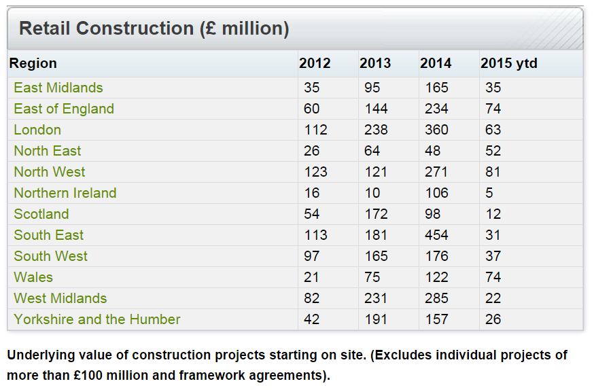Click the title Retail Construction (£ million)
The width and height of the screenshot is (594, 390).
pyautogui.click(x=154, y=29)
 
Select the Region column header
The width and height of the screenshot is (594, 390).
pyautogui.click(x=33, y=63)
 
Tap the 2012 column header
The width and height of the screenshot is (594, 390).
pyautogui.click(x=315, y=63)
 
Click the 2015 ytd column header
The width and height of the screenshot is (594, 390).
pyautogui.click(x=509, y=63)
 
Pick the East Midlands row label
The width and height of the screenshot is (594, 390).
pyautogui.click(x=58, y=88)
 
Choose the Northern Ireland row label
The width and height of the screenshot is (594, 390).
pyautogui.click(x=65, y=193)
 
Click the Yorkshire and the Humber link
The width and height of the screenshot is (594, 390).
pyautogui.click(x=97, y=319)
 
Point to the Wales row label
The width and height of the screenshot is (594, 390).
pyautogui.click(x=33, y=277)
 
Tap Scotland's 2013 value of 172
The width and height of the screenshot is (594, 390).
pyautogui.click(x=376, y=214)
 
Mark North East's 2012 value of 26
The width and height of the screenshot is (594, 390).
pyautogui.click(x=312, y=151)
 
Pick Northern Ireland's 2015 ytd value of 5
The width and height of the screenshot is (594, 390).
pyautogui.click(x=489, y=193)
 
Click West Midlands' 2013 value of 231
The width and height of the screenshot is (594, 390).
pyautogui.click(x=376, y=298)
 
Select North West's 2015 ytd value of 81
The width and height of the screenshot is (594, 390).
pyautogui.click(x=493, y=172)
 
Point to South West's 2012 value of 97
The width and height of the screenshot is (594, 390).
pyautogui.click(x=312, y=256)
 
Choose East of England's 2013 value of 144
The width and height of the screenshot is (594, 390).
pyautogui.click(x=376, y=109)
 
